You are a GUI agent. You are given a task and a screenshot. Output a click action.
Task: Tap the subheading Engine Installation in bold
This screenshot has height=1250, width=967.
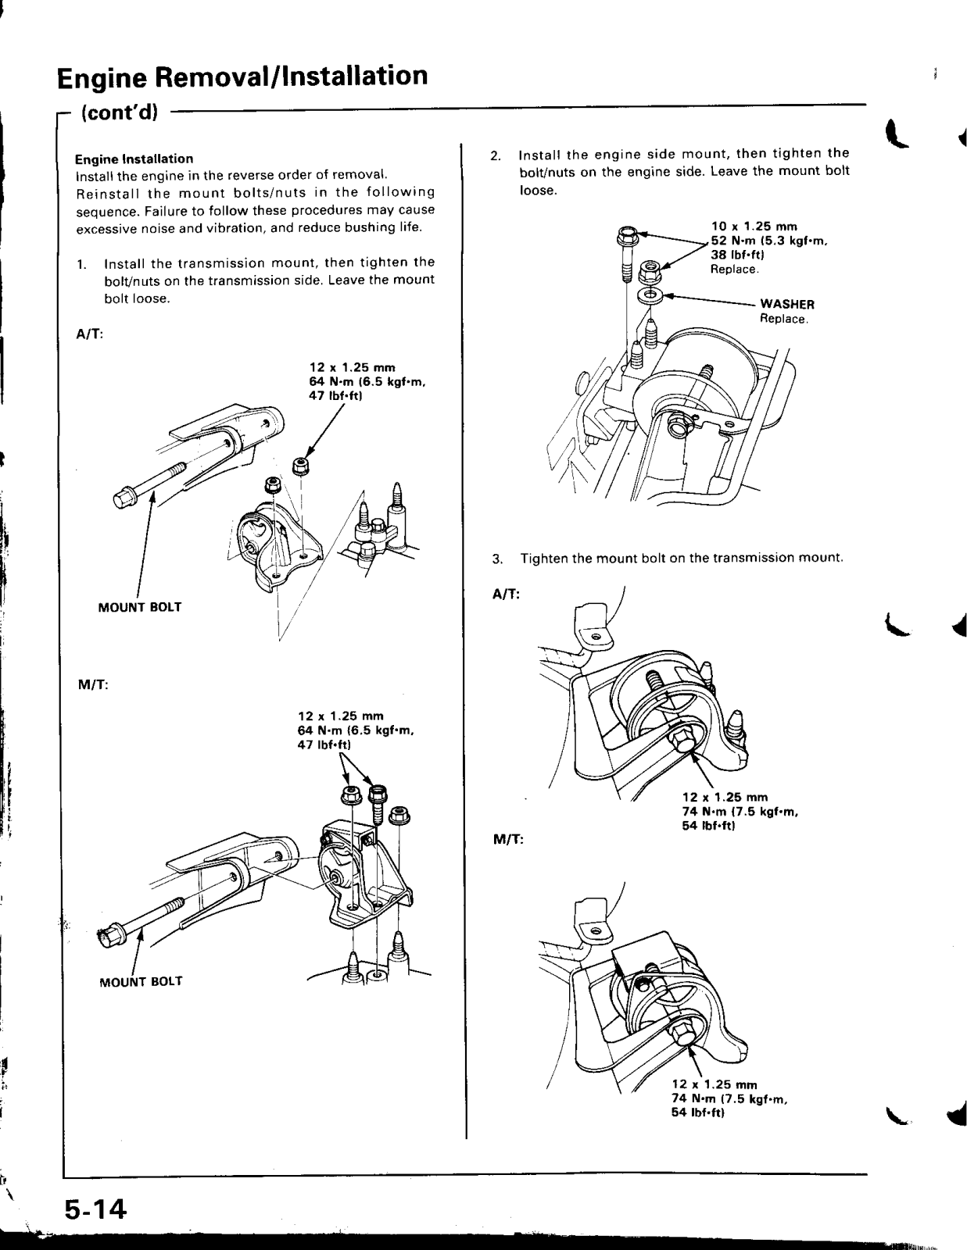point(134,158)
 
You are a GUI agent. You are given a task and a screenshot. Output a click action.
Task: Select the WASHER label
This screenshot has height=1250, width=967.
point(787,304)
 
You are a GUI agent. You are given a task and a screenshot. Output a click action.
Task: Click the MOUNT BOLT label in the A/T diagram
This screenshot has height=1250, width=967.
point(140,607)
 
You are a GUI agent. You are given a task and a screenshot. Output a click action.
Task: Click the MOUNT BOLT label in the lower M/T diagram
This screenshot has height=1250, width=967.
point(141,981)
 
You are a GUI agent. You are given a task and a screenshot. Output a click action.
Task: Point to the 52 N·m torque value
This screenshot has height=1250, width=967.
point(732,241)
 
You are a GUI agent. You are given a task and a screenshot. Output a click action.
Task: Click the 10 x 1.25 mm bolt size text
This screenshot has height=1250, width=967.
point(749,227)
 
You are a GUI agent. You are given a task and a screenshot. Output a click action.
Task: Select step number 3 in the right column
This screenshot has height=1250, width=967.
point(496,559)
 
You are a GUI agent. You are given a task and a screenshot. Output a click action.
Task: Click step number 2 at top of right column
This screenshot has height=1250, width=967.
point(495,154)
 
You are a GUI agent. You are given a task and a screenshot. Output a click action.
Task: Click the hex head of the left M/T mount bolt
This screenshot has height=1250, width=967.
point(108,934)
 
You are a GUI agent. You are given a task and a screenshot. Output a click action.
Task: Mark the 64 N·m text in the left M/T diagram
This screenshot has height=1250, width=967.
point(317,730)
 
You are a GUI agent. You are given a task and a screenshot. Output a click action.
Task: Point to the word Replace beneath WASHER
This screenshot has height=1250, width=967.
point(783,319)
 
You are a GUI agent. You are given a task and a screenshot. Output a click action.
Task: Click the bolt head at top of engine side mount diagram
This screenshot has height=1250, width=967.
point(626,233)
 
